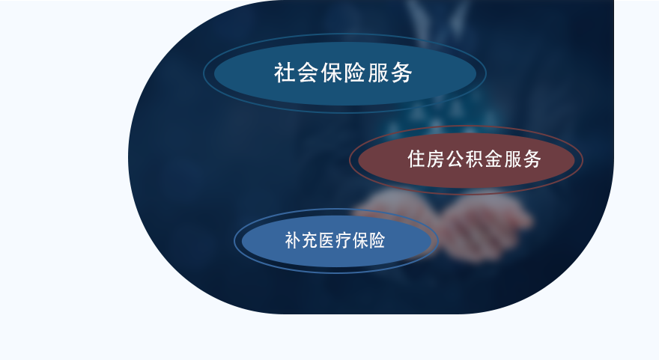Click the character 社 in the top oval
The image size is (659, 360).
(285, 73)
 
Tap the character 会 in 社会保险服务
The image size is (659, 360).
(308, 73)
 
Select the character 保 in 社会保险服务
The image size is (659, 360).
(332, 73)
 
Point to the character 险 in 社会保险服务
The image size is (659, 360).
(355, 73)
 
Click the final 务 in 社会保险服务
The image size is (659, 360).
(401, 73)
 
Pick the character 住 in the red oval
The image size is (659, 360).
(417, 159)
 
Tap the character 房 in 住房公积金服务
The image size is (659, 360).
(437, 159)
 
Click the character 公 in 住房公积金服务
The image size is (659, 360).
(455, 159)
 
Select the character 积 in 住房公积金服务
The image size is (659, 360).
(475, 159)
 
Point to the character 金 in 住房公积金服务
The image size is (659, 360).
(494, 159)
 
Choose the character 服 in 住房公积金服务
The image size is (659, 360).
(513, 159)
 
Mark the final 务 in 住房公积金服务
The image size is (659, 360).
(532, 159)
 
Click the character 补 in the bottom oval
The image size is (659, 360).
(293, 240)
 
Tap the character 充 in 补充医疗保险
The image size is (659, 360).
(310, 240)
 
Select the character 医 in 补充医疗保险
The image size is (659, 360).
(327, 240)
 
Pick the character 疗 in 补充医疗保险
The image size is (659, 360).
(344, 240)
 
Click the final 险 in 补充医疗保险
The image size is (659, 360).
(377, 240)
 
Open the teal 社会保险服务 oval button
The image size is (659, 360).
(344, 73)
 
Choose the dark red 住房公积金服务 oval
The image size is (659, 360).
(466, 160)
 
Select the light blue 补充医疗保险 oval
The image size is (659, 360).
(336, 241)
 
